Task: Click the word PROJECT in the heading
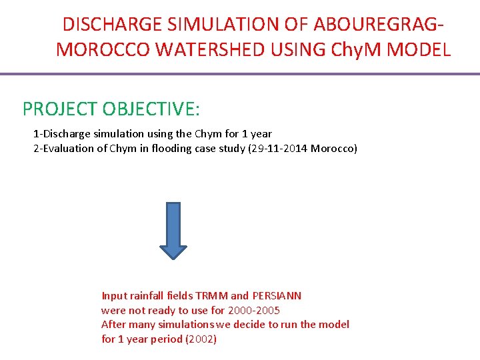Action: tap(58, 109)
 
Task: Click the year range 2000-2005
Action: tap(254, 310)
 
